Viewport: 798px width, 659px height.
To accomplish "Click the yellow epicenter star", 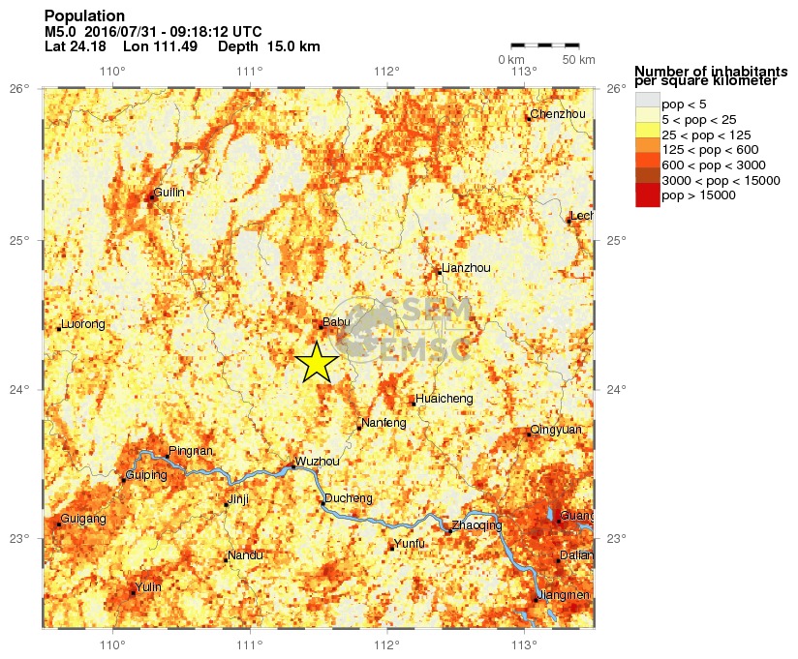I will pyautogui.click(x=317, y=363).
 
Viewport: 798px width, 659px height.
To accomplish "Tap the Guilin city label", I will pyautogui.click(x=169, y=193).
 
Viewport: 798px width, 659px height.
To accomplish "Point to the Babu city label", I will pyautogui.click(x=336, y=323).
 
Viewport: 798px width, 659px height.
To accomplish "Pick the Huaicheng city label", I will pyautogui.click(x=444, y=398).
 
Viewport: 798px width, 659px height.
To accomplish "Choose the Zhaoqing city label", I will pyautogui.click(x=477, y=525).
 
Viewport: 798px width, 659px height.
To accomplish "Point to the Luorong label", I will pyautogui.click(x=82, y=324).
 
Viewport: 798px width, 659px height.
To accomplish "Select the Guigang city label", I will pyautogui.click(x=83, y=520).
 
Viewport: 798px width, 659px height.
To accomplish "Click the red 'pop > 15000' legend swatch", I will pyautogui.click(x=647, y=195).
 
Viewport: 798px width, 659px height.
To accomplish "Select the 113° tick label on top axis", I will pyautogui.click(x=524, y=71).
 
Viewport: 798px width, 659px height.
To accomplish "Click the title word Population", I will pyautogui.click(x=84, y=16).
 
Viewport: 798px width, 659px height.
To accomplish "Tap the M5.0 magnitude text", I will pyautogui.click(x=61, y=31).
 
